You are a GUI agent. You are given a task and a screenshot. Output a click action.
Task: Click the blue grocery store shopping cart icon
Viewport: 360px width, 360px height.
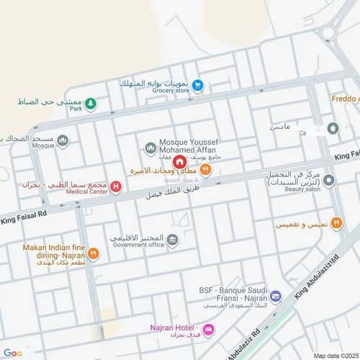[197, 86]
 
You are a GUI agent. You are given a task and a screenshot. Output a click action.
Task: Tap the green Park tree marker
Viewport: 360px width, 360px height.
[91, 105]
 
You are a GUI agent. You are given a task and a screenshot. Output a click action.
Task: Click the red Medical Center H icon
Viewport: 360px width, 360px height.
[116, 186]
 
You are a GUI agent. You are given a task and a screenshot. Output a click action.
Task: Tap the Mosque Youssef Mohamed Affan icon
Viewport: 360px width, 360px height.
[150, 148]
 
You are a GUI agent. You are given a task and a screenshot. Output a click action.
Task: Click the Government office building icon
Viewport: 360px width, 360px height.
[173, 240]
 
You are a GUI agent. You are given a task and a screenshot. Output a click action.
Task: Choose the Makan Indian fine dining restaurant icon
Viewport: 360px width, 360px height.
[94, 253]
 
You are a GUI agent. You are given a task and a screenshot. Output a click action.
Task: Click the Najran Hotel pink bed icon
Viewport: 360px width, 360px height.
[208, 330]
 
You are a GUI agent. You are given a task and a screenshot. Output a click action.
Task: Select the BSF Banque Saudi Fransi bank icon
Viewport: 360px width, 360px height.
[275, 297]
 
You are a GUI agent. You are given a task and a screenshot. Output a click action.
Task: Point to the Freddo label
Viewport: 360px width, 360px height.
[345, 98]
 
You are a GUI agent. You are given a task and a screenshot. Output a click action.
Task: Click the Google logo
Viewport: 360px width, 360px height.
[12, 353]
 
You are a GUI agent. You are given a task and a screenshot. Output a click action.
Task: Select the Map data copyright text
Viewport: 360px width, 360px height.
[334, 355]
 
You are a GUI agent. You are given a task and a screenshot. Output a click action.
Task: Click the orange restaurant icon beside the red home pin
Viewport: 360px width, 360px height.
[205, 170]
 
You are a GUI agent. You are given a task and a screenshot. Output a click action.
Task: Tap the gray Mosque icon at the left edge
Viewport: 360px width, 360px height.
[63, 140]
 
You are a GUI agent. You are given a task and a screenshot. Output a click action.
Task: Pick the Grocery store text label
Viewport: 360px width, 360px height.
[171, 91]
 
